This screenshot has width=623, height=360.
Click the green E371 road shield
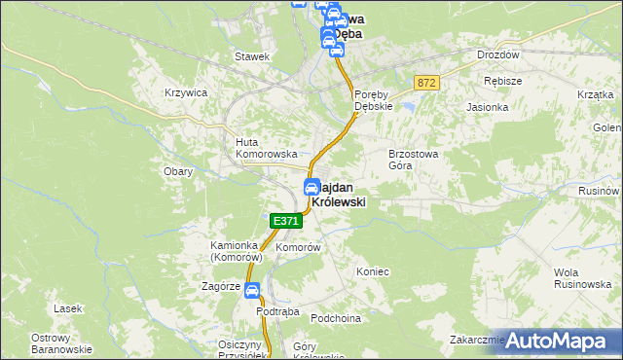[x=285, y=222]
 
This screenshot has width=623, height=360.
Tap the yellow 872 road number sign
[x=425, y=84]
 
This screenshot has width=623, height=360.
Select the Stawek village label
[x=251, y=56]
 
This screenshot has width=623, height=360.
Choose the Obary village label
[x=178, y=171]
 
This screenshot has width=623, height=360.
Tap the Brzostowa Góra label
[x=415, y=160]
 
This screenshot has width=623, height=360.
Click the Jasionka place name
[x=488, y=107]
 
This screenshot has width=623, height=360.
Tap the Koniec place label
[x=373, y=271]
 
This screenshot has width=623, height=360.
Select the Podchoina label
[x=336, y=318]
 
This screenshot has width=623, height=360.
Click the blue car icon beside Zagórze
[x=252, y=290]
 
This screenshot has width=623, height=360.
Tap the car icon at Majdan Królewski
[x=311, y=187]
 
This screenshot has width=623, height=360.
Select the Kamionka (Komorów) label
[x=237, y=252]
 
